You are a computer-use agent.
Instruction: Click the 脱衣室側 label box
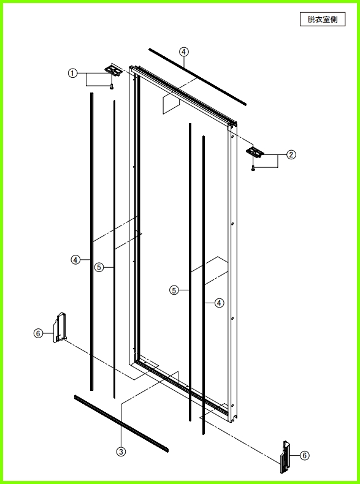click(x=323, y=20)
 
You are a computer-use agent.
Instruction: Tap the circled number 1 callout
click(x=72, y=74)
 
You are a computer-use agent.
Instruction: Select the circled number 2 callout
click(x=291, y=154)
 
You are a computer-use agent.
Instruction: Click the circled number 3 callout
click(x=121, y=452)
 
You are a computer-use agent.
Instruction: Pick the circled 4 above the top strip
click(x=184, y=52)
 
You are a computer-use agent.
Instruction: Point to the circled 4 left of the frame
click(x=75, y=260)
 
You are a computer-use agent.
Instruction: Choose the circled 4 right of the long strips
click(x=219, y=303)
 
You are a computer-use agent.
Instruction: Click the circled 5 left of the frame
click(x=99, y=267)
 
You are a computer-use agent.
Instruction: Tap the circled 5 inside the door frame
click(x=174, y=290)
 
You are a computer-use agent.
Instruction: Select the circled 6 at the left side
click(x=38, y=333)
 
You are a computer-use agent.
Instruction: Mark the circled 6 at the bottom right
click(x=305, y=455)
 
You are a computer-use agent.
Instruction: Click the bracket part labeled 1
click(x=112, y=70)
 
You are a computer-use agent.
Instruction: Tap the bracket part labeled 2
click(x=255, y=151)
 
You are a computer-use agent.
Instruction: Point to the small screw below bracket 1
click(x=112, y=88)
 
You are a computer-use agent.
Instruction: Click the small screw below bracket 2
click(x=253, y=168)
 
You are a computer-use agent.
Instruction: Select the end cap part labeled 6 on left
click(x=60, y=328)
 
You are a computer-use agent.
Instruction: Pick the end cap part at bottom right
click(x=286, y=457)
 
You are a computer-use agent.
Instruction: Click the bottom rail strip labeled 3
click(x=121, y=423)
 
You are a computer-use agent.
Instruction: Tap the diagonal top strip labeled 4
click(x=197, y=77)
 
